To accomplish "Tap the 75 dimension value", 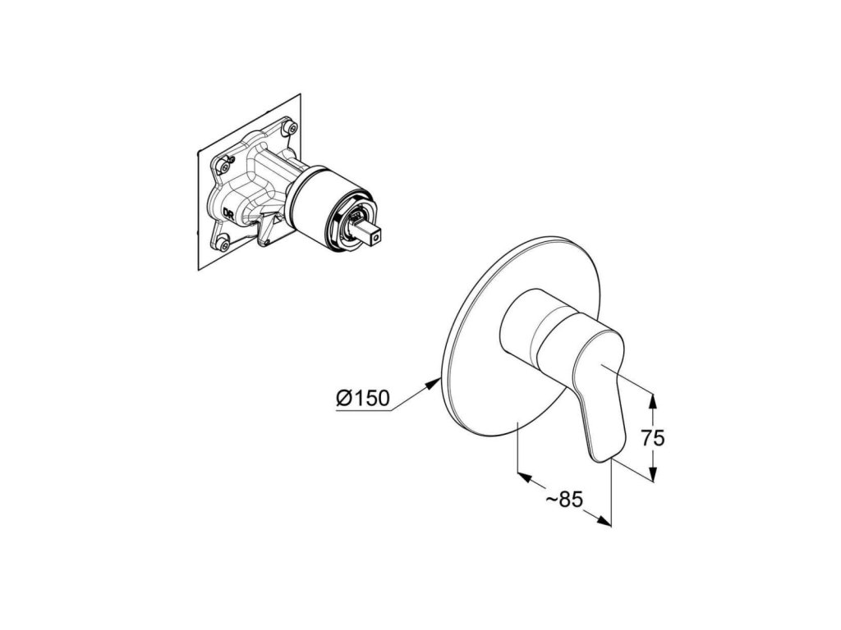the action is point(653,438).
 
